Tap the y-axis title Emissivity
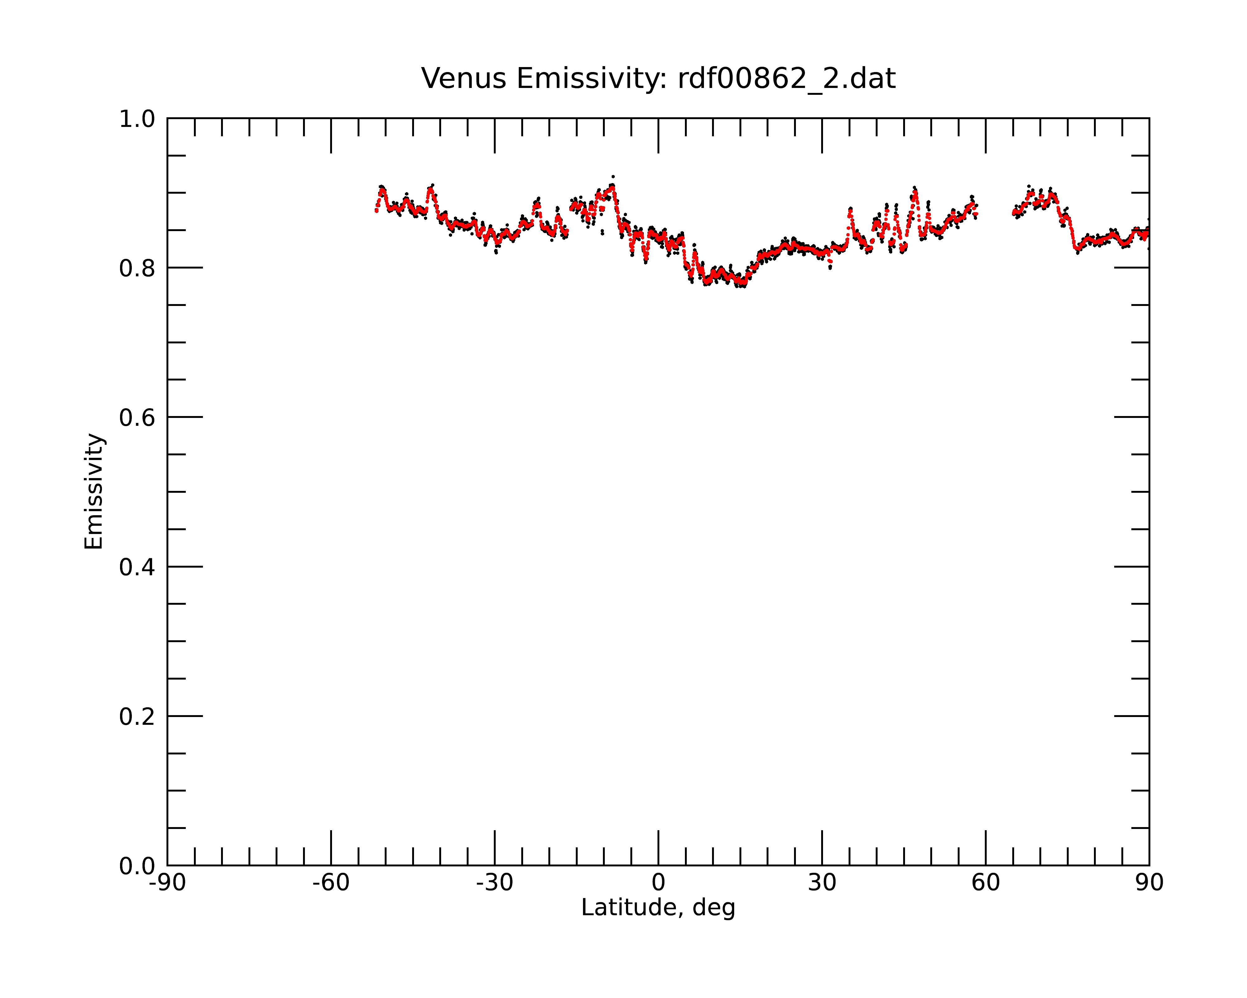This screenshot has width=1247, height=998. click(x=94, y=492)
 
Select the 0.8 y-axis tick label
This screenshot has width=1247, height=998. click(x=137, y=269)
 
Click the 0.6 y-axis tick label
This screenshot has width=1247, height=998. click(x=137, y=418)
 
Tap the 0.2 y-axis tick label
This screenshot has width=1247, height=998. click(x=137, y=717)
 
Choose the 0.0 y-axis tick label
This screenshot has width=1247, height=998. click(x=137, y=866)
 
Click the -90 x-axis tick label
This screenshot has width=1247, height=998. click(x=167, y=884)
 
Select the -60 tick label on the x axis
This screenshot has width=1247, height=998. click(x=331, y=884)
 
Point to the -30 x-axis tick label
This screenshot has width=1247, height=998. click(x=494, y=884)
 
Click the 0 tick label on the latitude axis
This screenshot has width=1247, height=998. click(x=658, y=884)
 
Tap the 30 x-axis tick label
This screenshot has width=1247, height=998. click(x=822, y=884)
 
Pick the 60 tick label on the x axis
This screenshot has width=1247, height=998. click(x=985, y=884)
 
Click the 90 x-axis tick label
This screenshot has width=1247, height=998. click(x=1149, y=884)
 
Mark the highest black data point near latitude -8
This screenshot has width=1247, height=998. click(x=613, y=177)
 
